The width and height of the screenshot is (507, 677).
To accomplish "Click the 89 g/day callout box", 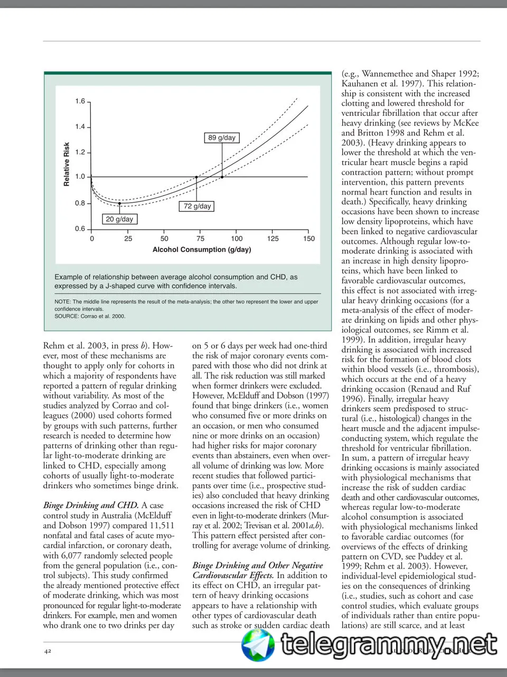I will click(x=222, y=138).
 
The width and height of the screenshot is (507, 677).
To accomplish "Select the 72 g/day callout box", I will click(x=197, y=206).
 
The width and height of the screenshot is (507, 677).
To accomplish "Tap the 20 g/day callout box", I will click(x=119, y=219).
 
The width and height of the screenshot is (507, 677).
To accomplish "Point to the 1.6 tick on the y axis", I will click(x=80, y=101).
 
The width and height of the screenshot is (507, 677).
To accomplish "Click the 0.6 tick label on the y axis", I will click(x=80, y=229).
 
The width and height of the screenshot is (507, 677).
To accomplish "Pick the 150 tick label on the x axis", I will click(x=309, y=239).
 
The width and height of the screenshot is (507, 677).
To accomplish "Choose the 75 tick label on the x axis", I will click(x=201, y=239).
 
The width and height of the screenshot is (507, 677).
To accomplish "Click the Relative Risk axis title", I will click(x=67, y=164).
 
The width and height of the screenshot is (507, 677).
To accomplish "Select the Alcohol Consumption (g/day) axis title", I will click(x=202, y=250).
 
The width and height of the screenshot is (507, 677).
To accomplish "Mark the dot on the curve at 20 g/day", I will click(x=120, y=203).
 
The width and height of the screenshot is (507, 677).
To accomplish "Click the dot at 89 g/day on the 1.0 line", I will click(x=222, y=177).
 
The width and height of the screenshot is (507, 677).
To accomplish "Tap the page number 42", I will click(x=48, y=651).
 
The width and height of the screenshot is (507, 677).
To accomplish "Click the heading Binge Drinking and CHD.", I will click(x=91, y=505).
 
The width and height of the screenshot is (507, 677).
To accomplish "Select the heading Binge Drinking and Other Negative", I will click(x=258, y=565).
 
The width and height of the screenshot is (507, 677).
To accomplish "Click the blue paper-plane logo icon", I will click(x=258, y=645).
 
